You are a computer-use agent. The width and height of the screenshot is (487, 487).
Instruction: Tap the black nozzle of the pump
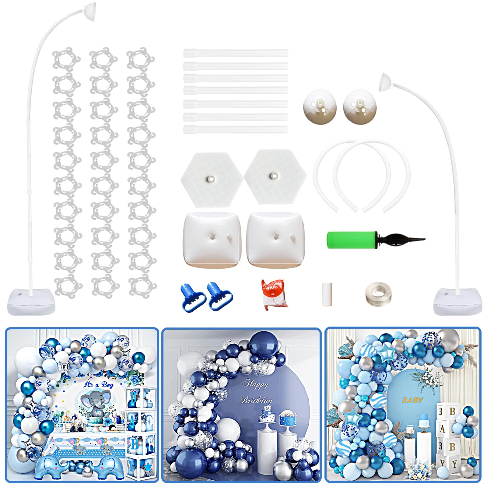click(x=402, y=239)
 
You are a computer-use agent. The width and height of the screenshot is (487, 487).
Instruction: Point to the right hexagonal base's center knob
click(x=274, y=176)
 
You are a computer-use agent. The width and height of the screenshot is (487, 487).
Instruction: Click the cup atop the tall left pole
click(x=90, y=7)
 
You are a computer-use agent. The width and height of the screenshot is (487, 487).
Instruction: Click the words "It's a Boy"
click(x=99, y=385)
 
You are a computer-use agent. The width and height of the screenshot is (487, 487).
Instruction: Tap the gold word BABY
click(x=412, y=400)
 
